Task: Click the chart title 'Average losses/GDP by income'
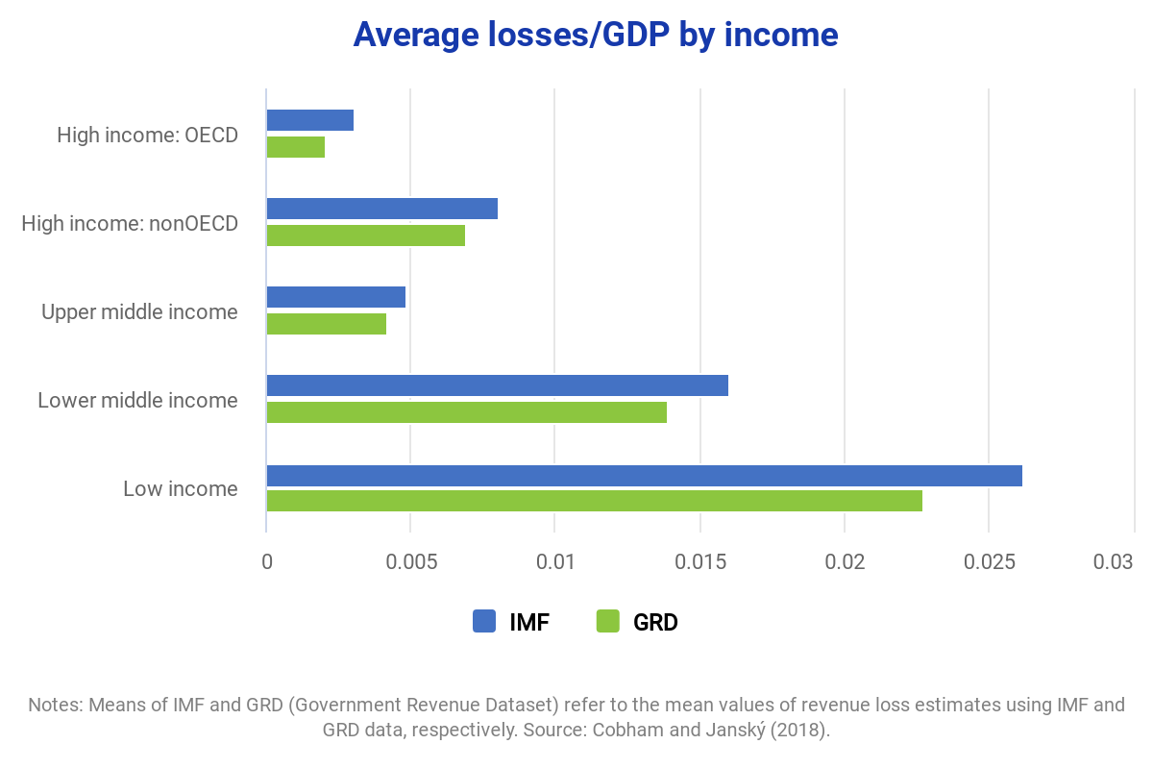[595, 35]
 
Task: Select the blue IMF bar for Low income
[644, 476]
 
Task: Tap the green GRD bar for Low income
[594, 501]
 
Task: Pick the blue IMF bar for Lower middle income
[497, 385]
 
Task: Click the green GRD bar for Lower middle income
[466, 412]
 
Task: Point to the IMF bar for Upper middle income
[335, 297]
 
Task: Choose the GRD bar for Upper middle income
[326, 324]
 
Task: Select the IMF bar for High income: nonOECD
[381, 209]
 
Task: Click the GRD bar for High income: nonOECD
[365, 236]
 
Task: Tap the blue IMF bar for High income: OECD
[309, 120]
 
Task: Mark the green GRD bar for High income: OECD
[295, 147]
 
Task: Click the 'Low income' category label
[180, 488]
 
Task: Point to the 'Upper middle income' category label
[139, 311]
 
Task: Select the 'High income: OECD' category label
[147, 135]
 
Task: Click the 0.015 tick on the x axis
[700, 562]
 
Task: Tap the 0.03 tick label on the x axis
[1115, 562]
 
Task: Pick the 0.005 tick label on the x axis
[410, 562]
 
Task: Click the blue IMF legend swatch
[484, 622]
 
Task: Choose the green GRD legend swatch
[607, 622]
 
